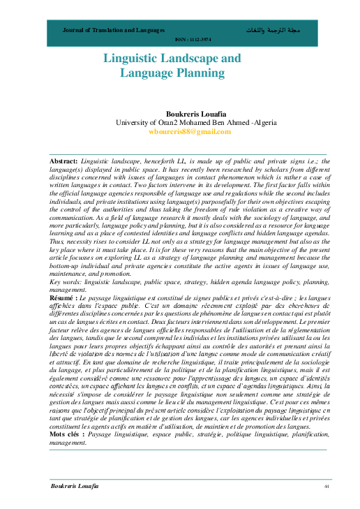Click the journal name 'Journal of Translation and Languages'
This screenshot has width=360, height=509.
[114, 31]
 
